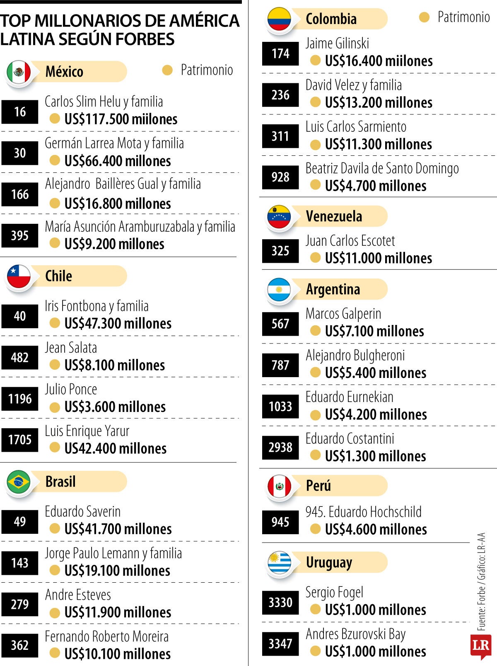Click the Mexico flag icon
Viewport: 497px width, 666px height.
pos(19,72)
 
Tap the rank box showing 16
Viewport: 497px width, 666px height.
pos(20,111)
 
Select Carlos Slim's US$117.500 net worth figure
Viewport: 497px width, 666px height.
pos(121,119)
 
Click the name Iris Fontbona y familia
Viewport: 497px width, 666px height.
pos(97,306)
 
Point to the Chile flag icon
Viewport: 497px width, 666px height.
pos(19,276)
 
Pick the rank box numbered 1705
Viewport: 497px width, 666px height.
pos(20,440)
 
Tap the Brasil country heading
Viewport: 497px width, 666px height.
pos(60,482)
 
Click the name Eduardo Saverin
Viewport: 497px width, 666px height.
pos(82,511)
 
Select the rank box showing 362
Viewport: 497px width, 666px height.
pos(20,645)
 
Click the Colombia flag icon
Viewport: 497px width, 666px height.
pos(279,19)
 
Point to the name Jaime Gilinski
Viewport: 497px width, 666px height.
pos(337,44)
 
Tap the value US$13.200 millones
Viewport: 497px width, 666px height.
pos(379,102)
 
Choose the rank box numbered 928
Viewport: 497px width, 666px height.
pos(280,177)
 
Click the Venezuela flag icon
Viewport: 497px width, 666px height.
pos(279,217)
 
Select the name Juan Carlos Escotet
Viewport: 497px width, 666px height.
pos(350,241)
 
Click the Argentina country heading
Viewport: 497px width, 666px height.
pos(333,289)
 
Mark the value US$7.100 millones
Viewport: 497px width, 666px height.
pos(374,331)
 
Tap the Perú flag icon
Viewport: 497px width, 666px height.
pos(279,486)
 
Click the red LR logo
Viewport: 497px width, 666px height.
pos(481,646)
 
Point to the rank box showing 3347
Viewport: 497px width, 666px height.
pos(280,644)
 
